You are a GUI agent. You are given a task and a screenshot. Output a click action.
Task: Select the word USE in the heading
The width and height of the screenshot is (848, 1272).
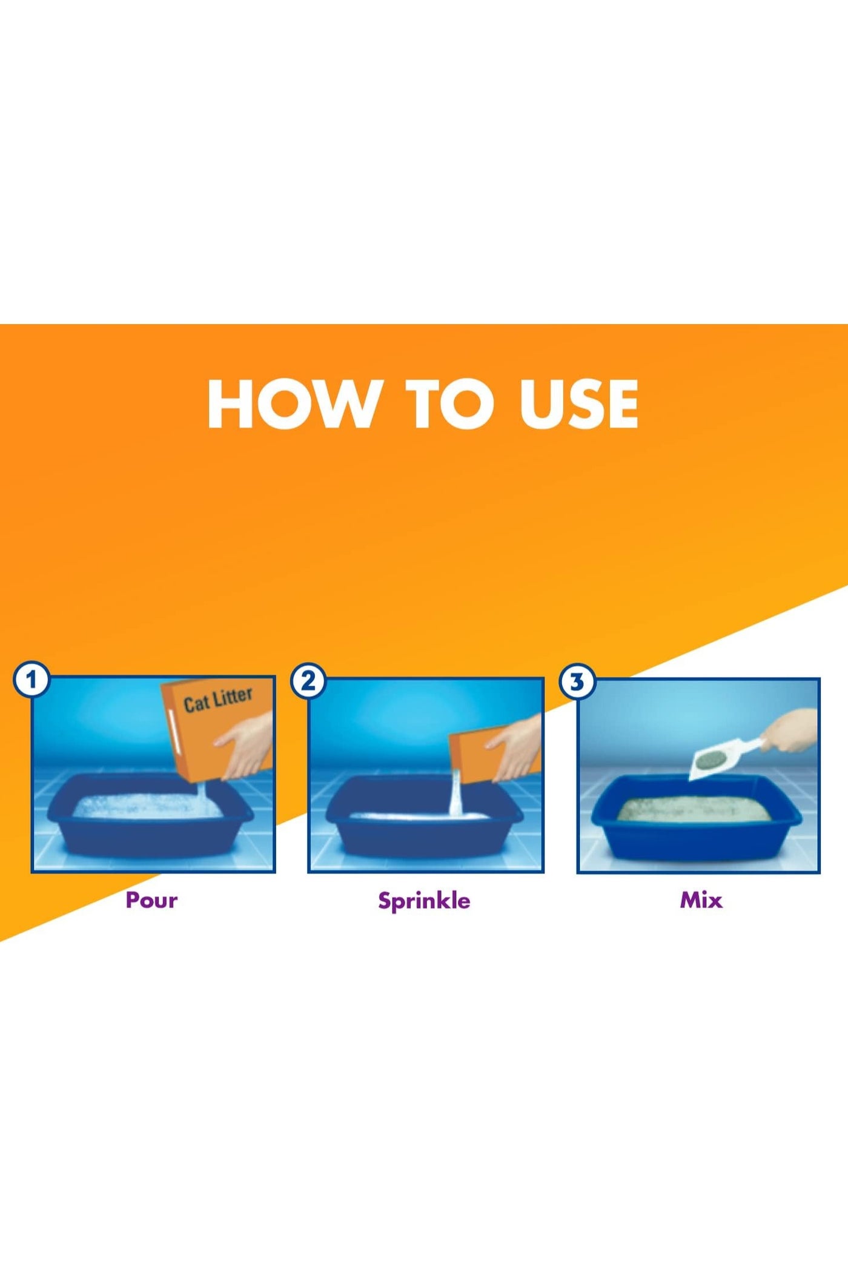coord(578,404)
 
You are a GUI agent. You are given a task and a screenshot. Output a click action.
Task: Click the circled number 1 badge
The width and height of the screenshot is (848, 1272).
coord(31,680)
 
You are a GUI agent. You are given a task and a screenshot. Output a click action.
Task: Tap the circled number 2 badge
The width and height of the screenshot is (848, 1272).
coord(308,681)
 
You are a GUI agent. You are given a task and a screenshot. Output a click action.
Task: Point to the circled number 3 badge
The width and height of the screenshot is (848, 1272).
coord(577,682)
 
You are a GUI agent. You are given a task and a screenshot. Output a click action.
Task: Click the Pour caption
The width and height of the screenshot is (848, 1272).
coord(151,900)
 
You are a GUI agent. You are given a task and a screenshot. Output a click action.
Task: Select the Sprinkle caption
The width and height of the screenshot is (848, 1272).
coord(424,901)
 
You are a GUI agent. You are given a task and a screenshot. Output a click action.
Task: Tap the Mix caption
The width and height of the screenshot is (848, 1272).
coord(701,900)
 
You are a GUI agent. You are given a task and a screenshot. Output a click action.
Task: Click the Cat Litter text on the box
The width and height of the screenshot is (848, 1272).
coord(218,700)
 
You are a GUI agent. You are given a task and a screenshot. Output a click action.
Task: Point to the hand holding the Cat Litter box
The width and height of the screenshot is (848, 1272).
coord(245,744)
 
